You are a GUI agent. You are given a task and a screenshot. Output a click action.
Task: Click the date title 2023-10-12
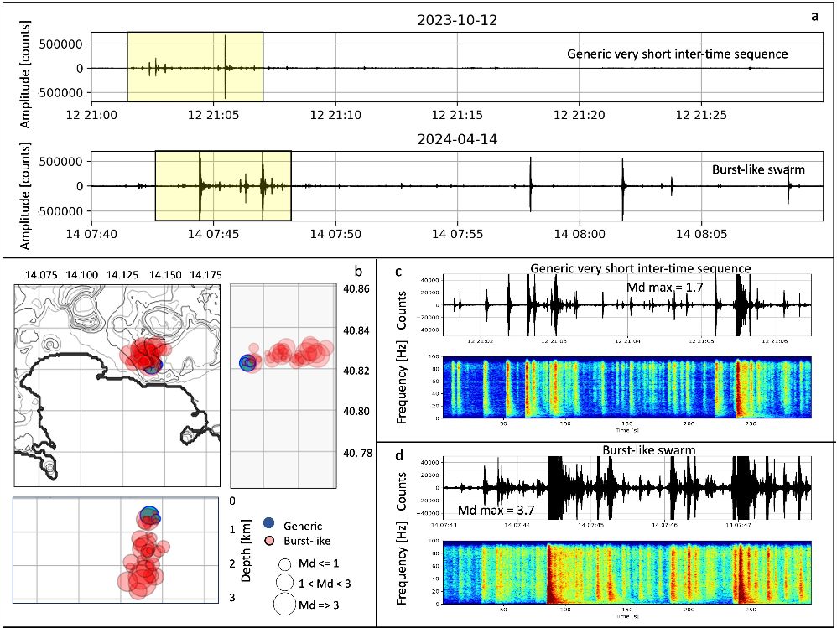pos(458,20)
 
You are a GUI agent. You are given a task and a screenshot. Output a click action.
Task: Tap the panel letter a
pos(814,16)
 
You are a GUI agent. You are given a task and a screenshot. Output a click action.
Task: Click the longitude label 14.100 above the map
pos(83,275)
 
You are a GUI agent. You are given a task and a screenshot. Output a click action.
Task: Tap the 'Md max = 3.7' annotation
pos(490,511)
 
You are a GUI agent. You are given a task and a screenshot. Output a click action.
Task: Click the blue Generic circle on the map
pos(151,365)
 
